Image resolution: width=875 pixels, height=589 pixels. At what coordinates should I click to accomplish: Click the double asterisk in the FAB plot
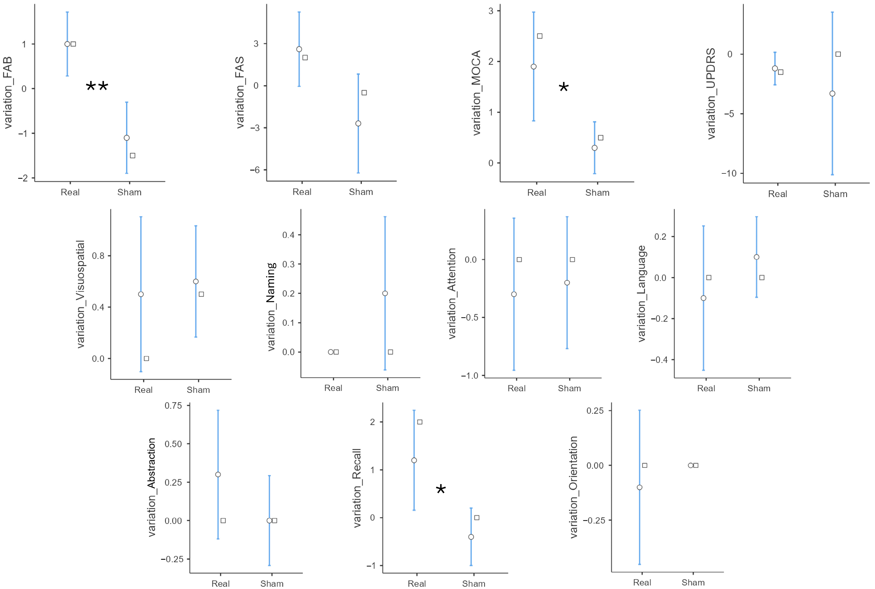[x=97, y=87]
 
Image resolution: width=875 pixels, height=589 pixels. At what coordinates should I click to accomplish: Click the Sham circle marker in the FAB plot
[x=127, y=138]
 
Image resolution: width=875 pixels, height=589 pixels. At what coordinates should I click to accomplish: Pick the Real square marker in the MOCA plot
[x=539, y=36]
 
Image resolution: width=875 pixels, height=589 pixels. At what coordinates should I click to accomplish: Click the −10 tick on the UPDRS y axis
[x=729, y=173]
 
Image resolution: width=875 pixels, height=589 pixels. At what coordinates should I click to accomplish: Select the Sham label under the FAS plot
[x=361, y=192]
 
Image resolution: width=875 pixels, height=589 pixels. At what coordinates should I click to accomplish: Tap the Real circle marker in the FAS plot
[x=299, y=49]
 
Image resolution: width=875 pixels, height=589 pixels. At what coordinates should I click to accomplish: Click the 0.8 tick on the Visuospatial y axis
[x=98, y=256]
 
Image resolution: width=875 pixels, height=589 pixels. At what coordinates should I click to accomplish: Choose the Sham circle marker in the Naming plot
[x=385, y=293]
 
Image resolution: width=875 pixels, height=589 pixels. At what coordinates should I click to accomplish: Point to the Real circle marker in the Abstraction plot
[x=218, y=475]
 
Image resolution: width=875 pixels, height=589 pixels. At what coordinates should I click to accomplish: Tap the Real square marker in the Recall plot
[x=420, y=422]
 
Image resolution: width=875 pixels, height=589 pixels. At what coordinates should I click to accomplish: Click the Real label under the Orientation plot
[x=642, y=582]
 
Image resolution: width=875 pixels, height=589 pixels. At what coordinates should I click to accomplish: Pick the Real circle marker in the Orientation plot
[x=639, y=487]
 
